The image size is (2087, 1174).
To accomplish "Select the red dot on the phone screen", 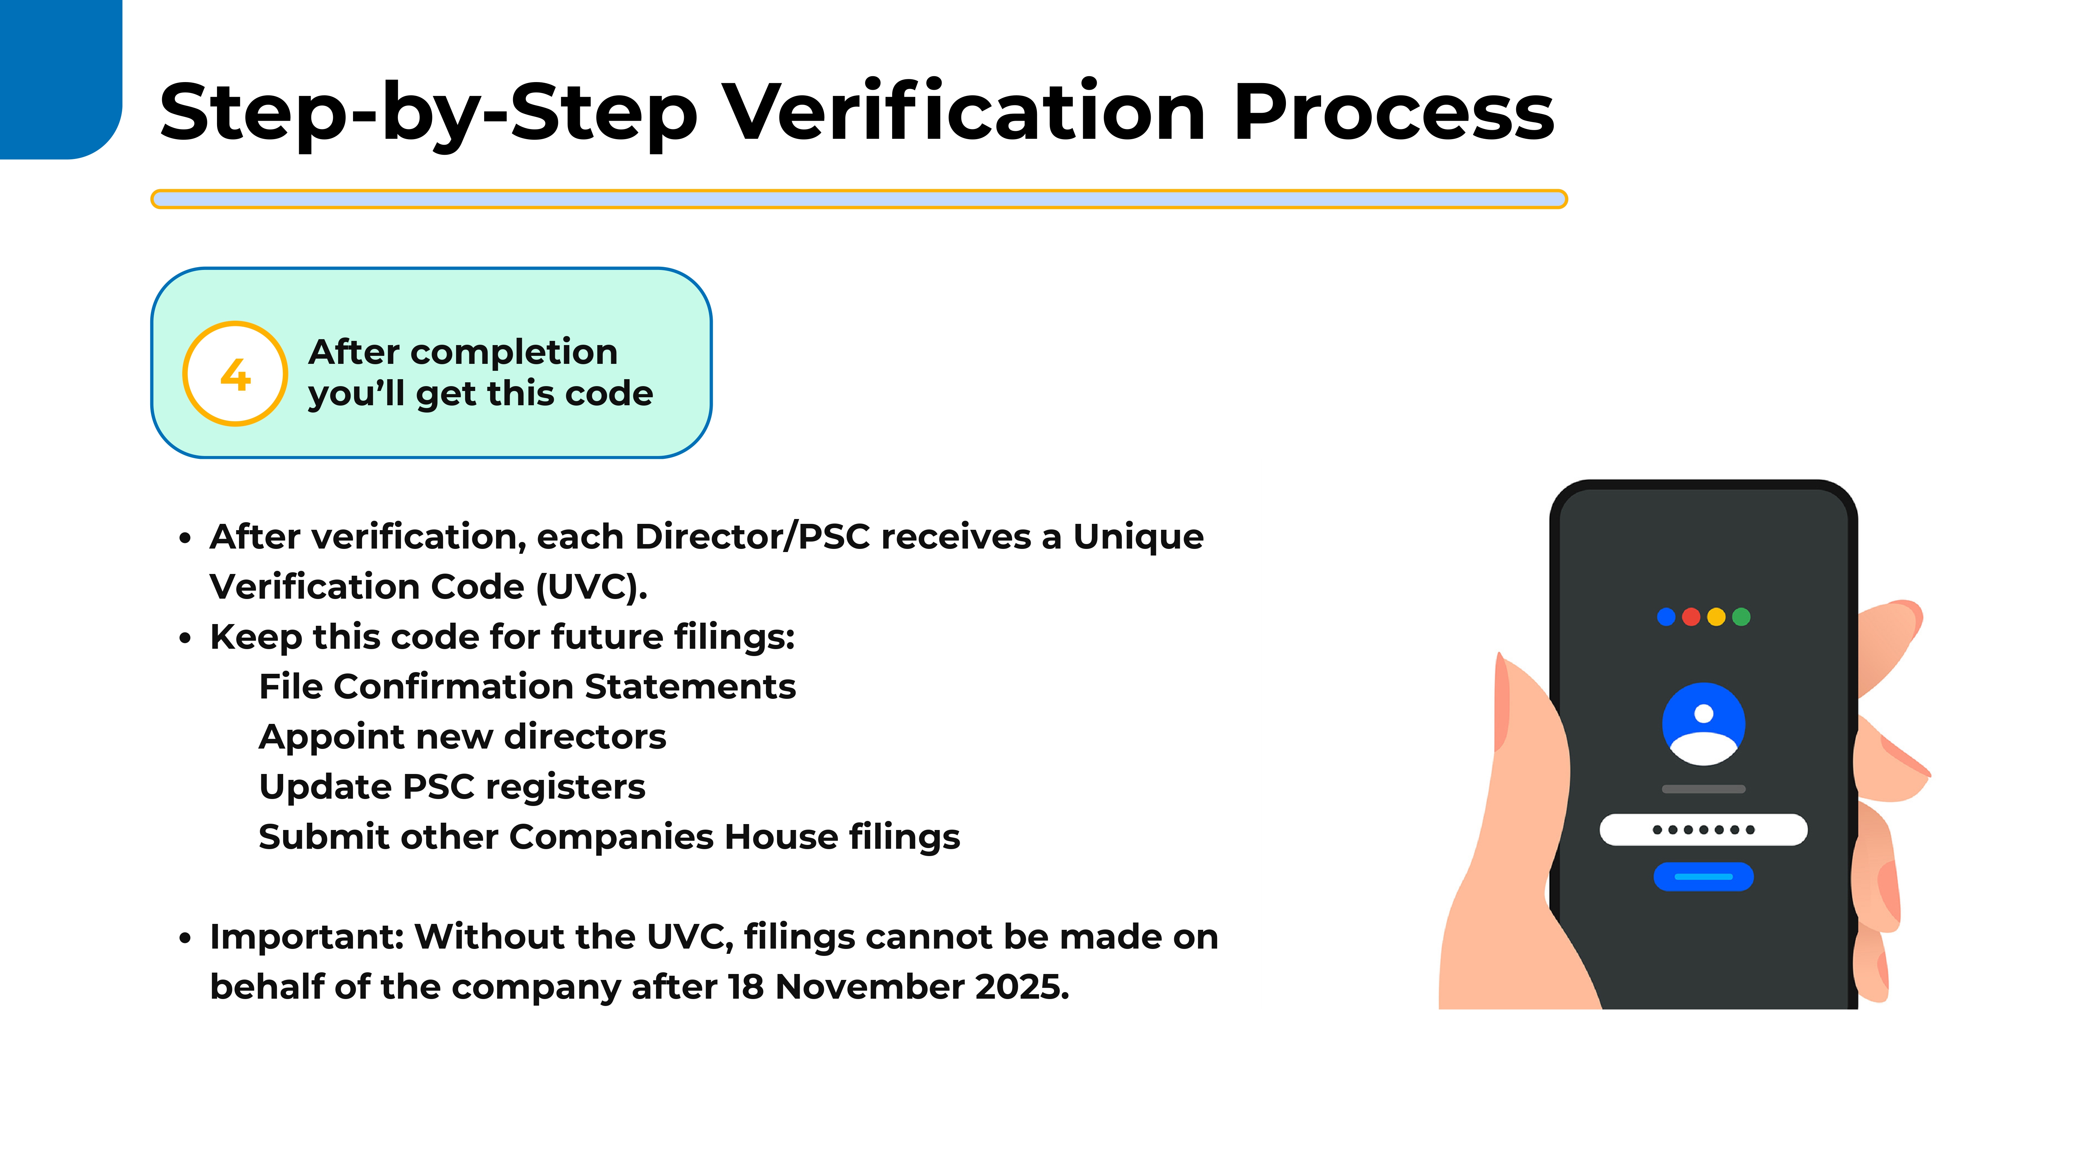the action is [x=1691, y=617].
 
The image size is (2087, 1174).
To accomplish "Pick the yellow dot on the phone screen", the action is [x=1716, y=617].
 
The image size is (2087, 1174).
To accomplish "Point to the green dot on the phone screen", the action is [x=1741, y=617].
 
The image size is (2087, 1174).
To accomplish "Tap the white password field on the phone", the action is [x=1704, y=830].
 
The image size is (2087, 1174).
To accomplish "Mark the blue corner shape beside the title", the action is [x=61, y=79].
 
